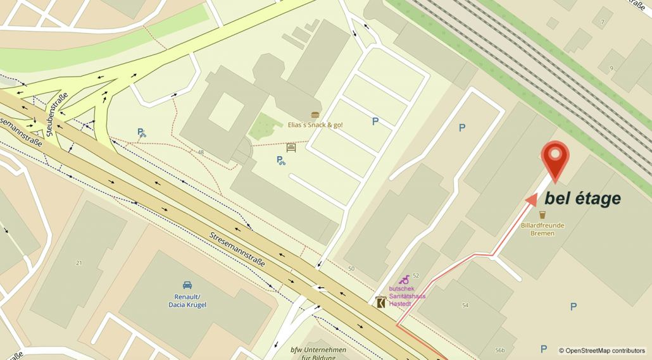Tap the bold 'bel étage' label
(x=582, y=199)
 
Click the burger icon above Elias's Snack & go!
(x=315, y=115)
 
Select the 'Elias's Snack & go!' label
(x=315, y=125)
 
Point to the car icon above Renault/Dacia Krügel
(x=187, y=285)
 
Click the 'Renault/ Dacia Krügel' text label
(x=187, y=301)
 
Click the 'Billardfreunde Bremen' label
(x=542, y=229)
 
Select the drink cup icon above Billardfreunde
(x=542, y=214)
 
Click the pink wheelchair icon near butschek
(x=404, y=280)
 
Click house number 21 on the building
(x=79, y=263)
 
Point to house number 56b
(x=500, y=351)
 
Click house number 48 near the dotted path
(x=201, y=152)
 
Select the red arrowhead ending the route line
(x=532, y=201)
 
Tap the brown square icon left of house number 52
(x=380, y=302)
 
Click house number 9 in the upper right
(x=611, y=68)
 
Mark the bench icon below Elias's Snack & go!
(x=291, y=148)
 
